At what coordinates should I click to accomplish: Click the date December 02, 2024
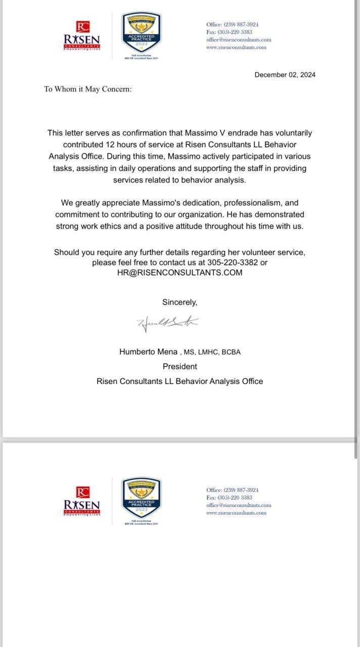point(285,75)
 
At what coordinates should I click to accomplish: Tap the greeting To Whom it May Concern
point(87,89)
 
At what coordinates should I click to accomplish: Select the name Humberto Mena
point(148,352)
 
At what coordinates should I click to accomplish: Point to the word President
point(179,366)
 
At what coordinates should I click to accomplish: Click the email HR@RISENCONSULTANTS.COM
point(179,273)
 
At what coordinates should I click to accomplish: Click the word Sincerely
point(179,302)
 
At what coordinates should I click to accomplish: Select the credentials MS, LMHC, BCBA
point(212,352)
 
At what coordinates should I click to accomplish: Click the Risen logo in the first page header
point(82,36)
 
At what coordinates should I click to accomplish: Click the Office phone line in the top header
point(232,24)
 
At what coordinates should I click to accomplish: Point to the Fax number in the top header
point(229,32)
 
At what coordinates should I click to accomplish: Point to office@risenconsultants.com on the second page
point(238,505)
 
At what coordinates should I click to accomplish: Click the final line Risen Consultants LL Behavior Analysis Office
point(179,382)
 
